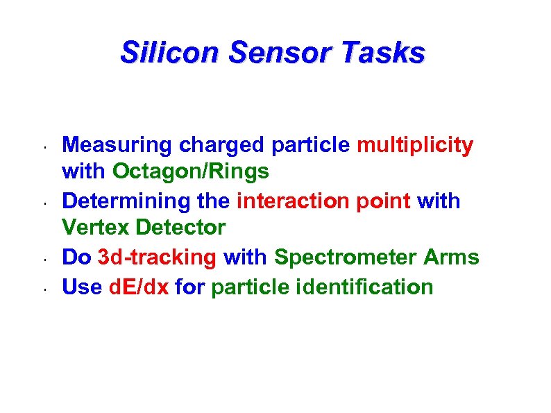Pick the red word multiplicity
coord(415,145)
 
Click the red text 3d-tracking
coord(158,258)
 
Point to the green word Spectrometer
coord(346,258)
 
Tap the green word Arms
coord(451,258)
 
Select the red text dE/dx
coord(139,286)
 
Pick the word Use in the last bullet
coord(83,286)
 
